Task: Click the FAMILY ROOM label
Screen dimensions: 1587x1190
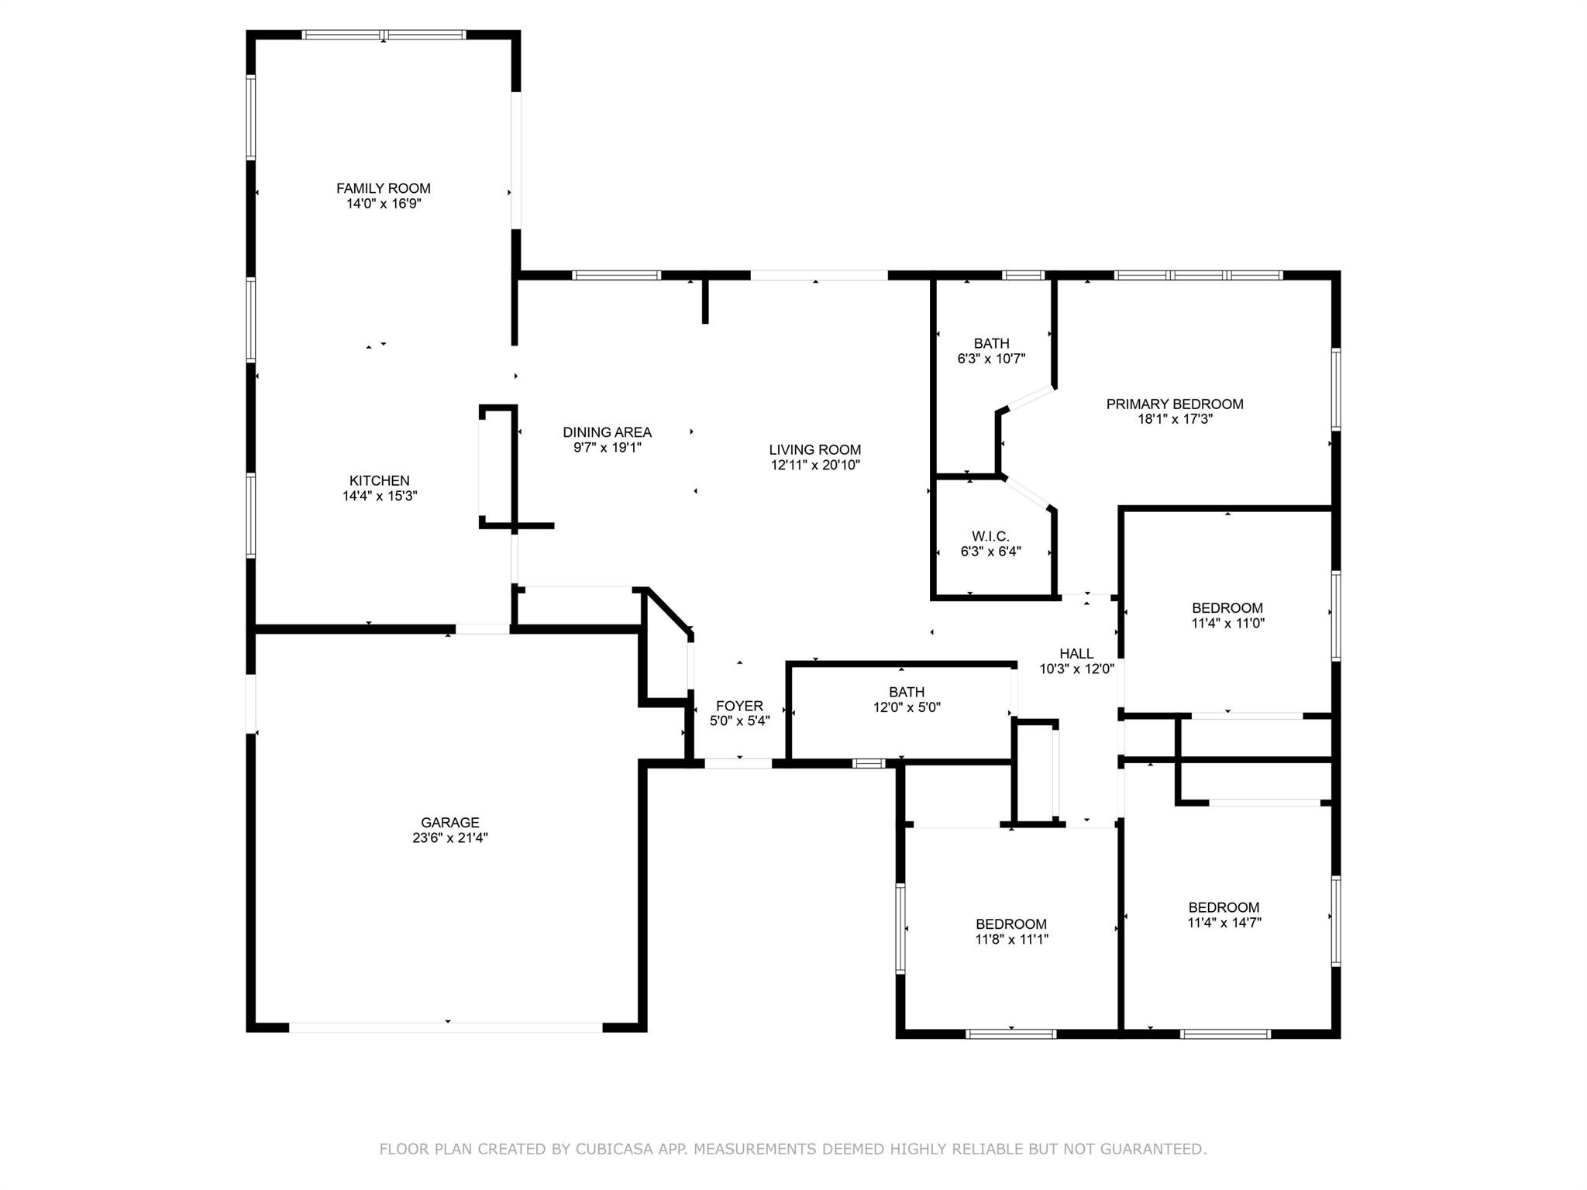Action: click(383, 188)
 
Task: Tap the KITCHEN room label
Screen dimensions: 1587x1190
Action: click(379, 480)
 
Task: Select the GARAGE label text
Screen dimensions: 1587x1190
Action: click(450, 822)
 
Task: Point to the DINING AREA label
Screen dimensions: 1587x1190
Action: click(607, 432)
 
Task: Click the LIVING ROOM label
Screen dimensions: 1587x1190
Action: click(814, 449)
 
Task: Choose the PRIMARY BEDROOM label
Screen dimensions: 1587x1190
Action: click(1175, 404)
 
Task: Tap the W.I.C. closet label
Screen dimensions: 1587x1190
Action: click(990, 536)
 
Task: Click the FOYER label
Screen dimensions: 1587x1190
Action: click(739, 706)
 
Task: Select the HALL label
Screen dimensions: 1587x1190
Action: click(1076, 653)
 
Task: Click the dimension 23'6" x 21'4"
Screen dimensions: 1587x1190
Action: click(450, 837)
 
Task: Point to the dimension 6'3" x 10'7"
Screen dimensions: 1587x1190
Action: click(991, 359)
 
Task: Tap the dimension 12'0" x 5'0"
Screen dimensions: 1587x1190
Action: click(907, 707)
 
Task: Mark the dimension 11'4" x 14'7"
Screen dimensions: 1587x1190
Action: click(1224, 923)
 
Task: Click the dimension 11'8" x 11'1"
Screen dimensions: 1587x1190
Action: click(1011, 939)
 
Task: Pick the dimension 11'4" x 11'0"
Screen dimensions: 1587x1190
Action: click(1227, 623)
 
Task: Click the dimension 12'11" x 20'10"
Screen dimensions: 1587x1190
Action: click(815, 465)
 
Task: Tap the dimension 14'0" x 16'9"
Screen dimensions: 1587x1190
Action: click(384, 204)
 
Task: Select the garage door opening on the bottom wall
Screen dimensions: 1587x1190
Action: click(446, 1027)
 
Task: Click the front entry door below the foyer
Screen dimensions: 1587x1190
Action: click(738, 763)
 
